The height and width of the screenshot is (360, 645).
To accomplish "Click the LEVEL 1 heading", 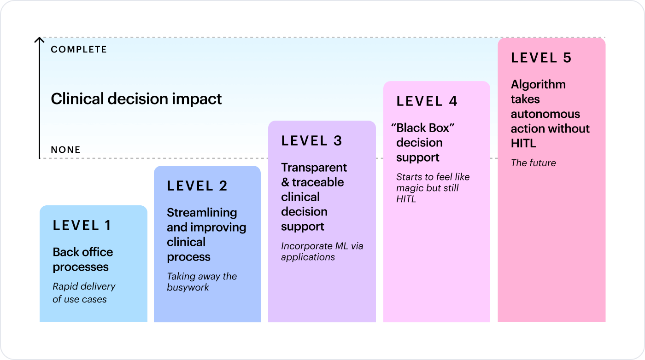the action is (82, 225).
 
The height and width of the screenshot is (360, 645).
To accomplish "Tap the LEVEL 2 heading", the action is (197, 186).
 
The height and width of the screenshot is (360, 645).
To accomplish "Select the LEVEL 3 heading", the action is (311, 141).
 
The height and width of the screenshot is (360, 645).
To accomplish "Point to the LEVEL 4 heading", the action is (427, 101).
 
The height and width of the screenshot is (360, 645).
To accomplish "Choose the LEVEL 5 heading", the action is (541, 58).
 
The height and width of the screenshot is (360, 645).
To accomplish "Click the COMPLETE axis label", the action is (79, 50).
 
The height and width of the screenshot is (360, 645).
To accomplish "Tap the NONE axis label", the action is (65, 150).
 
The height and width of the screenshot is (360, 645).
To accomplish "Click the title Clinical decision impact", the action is (136, 99).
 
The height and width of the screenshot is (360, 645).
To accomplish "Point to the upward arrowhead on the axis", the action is (40, 40).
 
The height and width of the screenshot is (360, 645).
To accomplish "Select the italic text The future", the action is (534, 163).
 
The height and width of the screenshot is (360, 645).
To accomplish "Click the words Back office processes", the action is (83, 259).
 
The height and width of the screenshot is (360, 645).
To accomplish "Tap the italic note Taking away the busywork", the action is (202, 282).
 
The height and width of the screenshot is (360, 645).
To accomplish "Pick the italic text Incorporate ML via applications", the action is (322, 251).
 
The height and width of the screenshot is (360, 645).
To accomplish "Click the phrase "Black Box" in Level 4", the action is (423, 128).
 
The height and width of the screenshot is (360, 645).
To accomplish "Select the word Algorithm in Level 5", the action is (538, 85).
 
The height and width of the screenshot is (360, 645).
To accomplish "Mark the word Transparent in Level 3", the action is (314, 168).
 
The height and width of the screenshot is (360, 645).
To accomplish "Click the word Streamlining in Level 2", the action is (202, 213).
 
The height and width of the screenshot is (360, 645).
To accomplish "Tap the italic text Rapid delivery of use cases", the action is (84, 293).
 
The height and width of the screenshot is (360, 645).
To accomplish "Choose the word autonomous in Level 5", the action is (545, 114).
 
